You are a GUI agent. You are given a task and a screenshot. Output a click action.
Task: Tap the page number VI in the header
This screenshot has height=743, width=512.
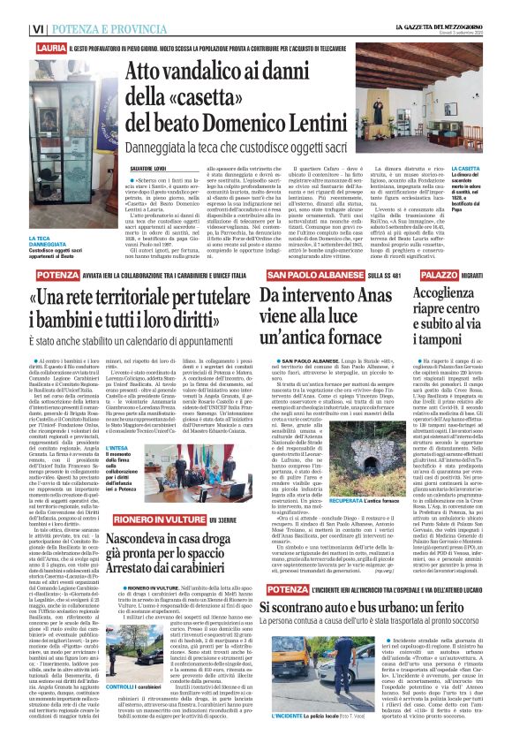coord(13,7)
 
